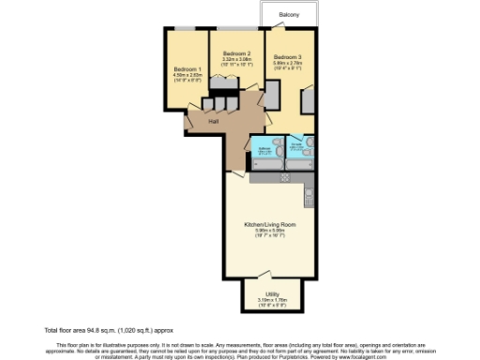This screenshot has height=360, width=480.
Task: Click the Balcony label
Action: (x=289, y=16)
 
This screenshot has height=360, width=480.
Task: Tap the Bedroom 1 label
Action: (x=187, y=70)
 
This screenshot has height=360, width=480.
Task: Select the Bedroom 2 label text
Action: (x=236, y=54)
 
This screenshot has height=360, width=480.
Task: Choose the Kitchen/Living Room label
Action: (x=270, y=226)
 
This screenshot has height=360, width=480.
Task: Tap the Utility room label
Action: (x=271, y=293)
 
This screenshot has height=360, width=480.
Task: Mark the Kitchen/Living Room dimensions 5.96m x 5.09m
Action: (x=270, y=232)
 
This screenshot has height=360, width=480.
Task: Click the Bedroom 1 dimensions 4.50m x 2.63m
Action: (x=187, y=77)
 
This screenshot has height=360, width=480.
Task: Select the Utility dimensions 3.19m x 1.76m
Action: (x=271, y=300)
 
